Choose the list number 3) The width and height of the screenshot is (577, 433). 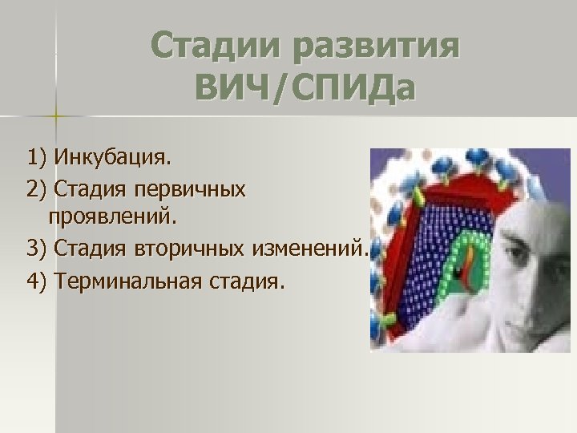pos(36,249)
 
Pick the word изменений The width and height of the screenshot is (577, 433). pos(308,249)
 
